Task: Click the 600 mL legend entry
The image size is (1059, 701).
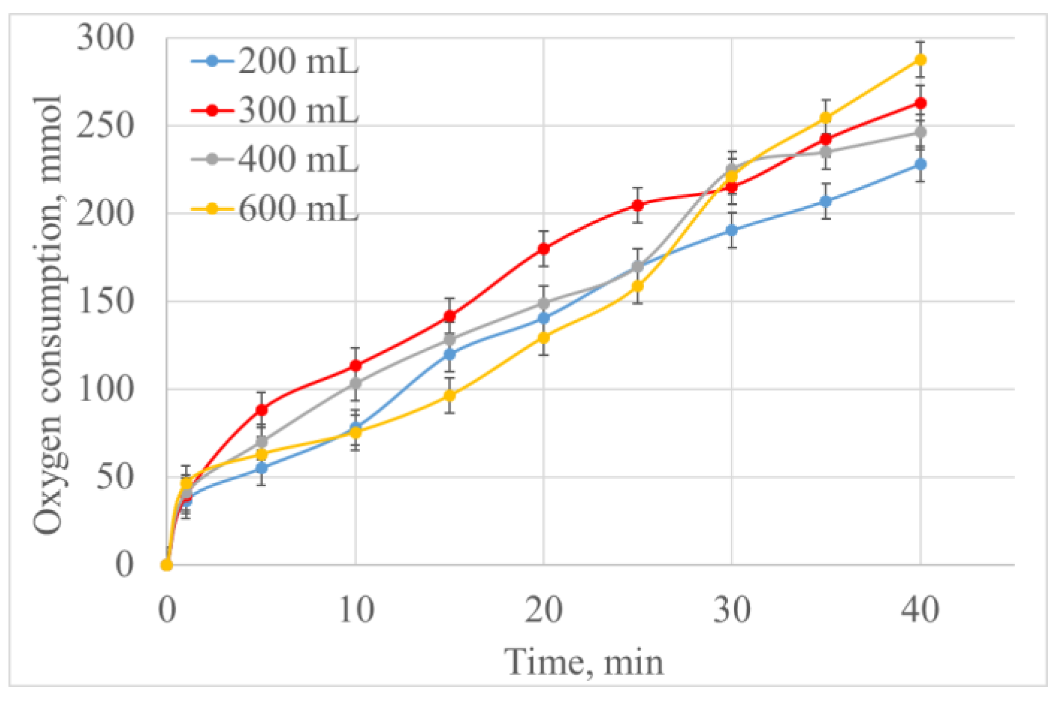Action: (275, 208)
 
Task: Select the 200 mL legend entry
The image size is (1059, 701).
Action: (275, 61)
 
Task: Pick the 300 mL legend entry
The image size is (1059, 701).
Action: (275, 110)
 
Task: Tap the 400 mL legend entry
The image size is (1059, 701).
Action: (275, 159)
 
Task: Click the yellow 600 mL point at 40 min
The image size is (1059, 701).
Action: (920, 60)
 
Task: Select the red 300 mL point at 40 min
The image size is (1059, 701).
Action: (920, 103)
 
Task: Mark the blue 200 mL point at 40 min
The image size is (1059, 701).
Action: (920, 164)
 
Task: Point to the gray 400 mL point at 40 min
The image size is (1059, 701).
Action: (920, 132)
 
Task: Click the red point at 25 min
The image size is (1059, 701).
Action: (638, 205)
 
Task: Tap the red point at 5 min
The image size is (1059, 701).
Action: (262, 410)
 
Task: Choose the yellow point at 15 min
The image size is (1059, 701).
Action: (450, 395)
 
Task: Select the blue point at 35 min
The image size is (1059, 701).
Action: (826, 201)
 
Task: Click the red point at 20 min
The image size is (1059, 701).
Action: (543, 248)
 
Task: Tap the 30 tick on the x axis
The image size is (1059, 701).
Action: (731, 610)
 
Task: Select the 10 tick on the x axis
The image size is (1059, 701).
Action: (356, 610)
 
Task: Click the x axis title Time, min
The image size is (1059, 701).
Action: (584, 663)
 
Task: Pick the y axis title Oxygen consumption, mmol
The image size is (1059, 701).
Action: (48, 315)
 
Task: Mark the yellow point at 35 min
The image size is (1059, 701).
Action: (826, 118)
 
